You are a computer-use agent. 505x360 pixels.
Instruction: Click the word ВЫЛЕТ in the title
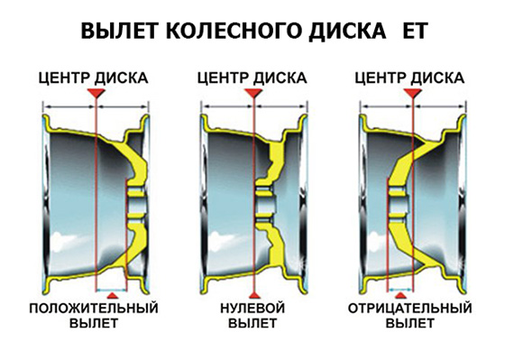coord(119,31)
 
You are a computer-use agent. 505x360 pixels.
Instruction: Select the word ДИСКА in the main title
coord(347,32)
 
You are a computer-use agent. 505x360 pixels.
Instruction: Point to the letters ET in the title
coord(416,31)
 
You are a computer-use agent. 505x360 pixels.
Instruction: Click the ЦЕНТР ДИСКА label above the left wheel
coord(94,78)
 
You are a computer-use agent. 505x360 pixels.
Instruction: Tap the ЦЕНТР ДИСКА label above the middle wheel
coord(252,78)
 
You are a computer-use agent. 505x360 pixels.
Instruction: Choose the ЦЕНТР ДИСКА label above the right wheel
coord(409,78)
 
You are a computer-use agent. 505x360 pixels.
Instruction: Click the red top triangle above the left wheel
coord(96,93)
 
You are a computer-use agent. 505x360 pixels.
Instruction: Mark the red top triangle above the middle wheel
coord(253,93)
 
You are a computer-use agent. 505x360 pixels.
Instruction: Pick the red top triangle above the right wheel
coord(413,93)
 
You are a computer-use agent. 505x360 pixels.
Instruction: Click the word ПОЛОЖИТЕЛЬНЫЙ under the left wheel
coord(94,308)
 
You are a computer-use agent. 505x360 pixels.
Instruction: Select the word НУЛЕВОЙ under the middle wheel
coord(252,308)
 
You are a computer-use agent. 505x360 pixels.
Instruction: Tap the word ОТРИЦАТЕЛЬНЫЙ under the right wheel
coord(410,308)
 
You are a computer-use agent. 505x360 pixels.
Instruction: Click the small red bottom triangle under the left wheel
coord(112,295)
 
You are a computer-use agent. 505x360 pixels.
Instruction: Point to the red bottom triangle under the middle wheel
coord(254,295)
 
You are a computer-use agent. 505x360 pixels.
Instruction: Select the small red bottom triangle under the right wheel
coord(400,295)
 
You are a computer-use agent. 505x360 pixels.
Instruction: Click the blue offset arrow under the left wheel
coord(112,290)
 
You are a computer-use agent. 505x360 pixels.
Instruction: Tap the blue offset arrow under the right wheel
coord(400,290)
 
